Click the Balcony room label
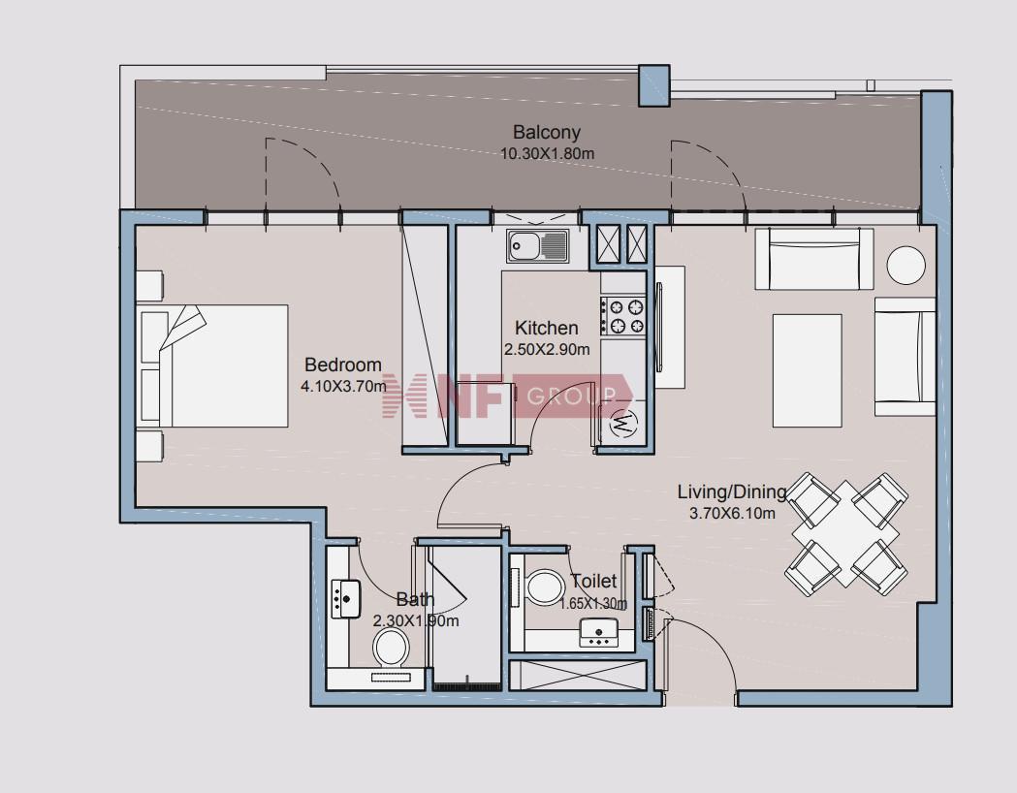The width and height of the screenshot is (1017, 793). [x=546, y=132]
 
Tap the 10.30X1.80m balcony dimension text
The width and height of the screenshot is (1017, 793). [x=547, y=154]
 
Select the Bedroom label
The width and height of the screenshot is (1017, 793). [x=342, y=365]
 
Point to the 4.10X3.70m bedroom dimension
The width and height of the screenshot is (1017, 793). [x=343, y=387]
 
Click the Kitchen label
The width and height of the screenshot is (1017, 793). [x=546, y=328]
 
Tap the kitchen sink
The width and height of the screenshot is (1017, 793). [x=538, y=245]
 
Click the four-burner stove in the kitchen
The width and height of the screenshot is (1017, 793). [x=622, y=316]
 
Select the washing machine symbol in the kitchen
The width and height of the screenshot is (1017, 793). [x=623, y=424]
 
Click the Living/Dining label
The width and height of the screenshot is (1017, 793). [x=732, y=492]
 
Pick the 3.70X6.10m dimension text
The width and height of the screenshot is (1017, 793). [x=732, y=514]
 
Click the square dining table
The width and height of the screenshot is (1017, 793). [x=845, y=533]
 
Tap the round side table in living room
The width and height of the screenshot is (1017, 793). [x=906, y=265]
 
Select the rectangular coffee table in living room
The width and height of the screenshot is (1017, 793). [x=807, y=371]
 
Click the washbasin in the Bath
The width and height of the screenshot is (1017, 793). [x=345, y=599]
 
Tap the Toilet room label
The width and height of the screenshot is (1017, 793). [x=592, y=581]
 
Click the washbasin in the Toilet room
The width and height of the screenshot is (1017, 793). [x=598, y=632]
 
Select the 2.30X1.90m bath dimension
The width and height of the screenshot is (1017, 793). [x=416, y=621]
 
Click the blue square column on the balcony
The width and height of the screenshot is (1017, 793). [x=653, y=85]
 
